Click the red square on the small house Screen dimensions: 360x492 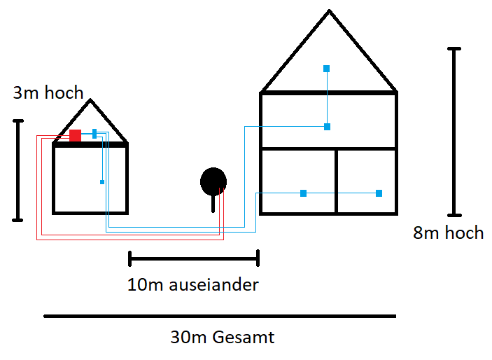[75, 135]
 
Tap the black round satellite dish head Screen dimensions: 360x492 [213, 181]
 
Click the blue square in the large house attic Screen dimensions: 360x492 [326, 69]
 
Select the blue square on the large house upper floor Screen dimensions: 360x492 [327, 127]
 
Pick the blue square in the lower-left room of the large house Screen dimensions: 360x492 [303, 193]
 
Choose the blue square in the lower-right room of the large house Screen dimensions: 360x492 [379, 193]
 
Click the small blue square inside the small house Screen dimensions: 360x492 [102, 182]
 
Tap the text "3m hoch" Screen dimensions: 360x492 [48, 92]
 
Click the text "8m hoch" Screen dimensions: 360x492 [448, 233]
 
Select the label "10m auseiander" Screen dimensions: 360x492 [193, 285]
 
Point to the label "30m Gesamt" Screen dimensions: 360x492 [223, 338]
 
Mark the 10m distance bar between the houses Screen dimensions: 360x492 [194, 259]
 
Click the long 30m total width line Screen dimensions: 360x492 [220, 317]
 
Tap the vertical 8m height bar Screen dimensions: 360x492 [454, 132]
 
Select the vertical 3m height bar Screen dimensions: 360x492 [18, 170]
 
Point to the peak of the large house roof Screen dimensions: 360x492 [329, 12]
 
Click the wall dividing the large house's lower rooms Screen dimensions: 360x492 [336, 181]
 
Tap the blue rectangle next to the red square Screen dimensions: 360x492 [94, 134]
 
